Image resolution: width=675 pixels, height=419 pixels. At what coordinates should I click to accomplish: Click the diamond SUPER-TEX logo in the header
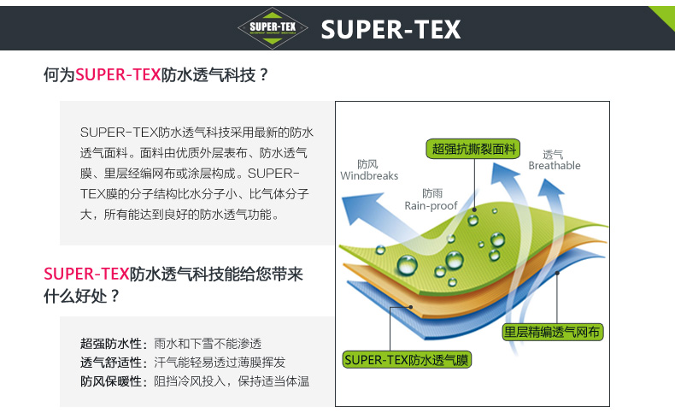pyautogui.click(x=273, y=28)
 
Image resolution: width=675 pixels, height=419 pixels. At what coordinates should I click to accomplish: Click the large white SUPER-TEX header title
pyautogui.click(x=390, y=29)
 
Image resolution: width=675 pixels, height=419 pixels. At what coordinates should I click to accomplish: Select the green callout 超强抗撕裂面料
pyautogui.click(x=473, y=149)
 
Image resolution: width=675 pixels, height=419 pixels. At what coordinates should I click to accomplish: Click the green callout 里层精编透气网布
pyautogui.click(x=552, y=332)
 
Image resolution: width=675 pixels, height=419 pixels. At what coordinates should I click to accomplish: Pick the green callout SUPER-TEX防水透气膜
pyautogui.click(x=407, y=360)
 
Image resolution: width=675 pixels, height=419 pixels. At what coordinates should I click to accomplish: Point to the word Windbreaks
pyautogui.click(x=369, y=175)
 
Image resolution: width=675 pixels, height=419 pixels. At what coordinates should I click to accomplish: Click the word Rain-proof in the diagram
pyautogui.click(x=431, y=206)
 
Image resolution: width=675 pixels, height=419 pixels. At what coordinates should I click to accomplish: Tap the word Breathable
pyautogui.click(x=555, y=165)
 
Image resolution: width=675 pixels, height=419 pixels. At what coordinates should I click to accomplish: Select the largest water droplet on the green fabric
pyautogui.click(x=407, y=264)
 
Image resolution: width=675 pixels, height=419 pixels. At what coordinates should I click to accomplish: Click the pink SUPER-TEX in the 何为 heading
pyautogui.click(x=118, y=75)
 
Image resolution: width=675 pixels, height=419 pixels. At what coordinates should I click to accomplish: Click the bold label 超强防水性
pyautogui.click(x=111, y=344)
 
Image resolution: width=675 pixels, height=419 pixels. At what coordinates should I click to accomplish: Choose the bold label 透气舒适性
pyautogui.click(x=111, y=363)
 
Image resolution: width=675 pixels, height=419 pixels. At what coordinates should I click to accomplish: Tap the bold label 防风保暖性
pyautogui.click(x=111, y=381)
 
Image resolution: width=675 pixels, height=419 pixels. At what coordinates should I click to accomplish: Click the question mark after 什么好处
pyautogui.click(x=114, y=296)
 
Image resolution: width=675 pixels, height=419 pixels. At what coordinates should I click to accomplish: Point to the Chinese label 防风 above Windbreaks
pyautogui.click(x=367, y=164)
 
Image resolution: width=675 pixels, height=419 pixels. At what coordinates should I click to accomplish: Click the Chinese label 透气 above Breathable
pyautogui.click(x=553, y=154)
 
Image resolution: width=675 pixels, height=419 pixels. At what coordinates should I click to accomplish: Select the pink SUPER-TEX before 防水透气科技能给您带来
pyautogui.click(x=86, y=274)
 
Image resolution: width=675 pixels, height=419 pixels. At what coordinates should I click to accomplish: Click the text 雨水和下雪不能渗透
pyautogui.click(x=208, y=344)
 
